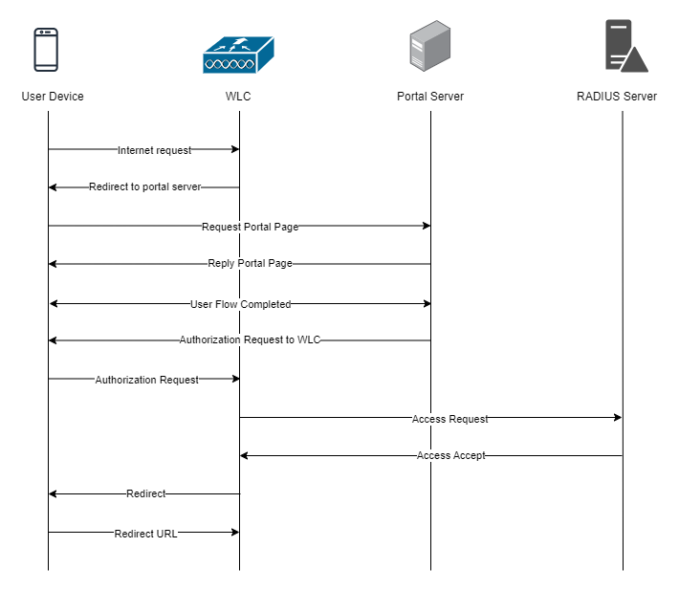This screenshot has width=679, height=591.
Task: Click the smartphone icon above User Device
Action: (46, 50)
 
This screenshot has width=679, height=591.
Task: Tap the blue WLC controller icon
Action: (238, 55)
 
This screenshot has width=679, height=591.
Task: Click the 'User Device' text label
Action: (53, 97)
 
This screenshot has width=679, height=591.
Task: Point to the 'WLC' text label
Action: (238, 97)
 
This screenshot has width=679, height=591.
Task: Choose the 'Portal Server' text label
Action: (430, 97)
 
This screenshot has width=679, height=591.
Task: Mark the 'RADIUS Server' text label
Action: (617, 97)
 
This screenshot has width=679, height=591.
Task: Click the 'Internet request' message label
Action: (154, 150)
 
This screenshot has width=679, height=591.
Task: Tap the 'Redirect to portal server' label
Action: (145, 187)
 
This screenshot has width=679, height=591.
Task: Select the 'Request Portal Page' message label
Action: (250, 227)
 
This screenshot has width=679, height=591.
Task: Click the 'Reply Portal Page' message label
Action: (250, 264)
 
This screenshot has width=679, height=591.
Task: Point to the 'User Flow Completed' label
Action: (240, 304)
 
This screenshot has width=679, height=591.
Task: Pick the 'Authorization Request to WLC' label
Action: (250, 340)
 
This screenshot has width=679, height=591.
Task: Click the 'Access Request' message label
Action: (449, 419)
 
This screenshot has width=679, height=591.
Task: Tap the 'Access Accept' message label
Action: (451, 456)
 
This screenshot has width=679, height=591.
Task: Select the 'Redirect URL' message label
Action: (145, 534)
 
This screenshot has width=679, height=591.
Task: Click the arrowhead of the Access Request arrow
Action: (618, 418)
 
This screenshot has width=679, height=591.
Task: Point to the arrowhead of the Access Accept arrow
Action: (245, 456)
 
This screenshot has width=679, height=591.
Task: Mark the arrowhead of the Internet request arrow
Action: (234, 149)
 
